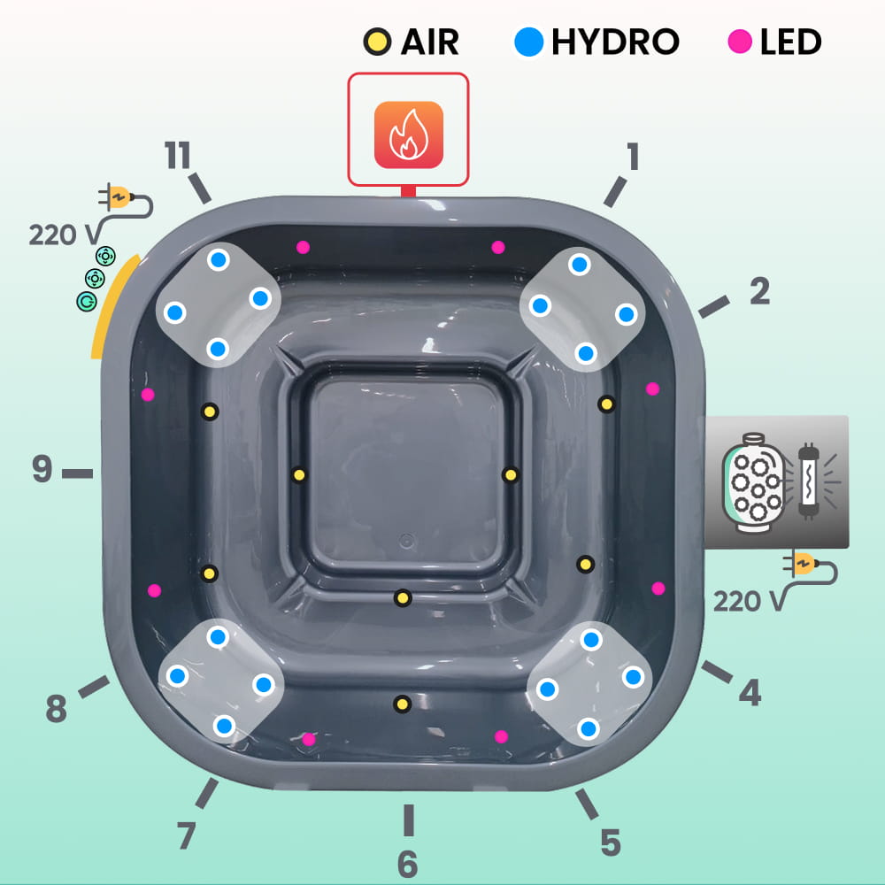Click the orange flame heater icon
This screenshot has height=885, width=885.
408,135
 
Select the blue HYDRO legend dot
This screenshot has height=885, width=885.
528,42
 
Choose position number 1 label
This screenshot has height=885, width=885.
633,157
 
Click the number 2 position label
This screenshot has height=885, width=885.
759,292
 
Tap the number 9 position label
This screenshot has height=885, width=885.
42,470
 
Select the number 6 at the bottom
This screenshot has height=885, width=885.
407,864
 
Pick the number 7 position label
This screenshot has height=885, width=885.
186,835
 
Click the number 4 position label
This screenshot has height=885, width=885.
750,693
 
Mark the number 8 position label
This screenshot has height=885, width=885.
56,709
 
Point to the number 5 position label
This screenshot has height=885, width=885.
610,843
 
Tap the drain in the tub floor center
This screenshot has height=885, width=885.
407,539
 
